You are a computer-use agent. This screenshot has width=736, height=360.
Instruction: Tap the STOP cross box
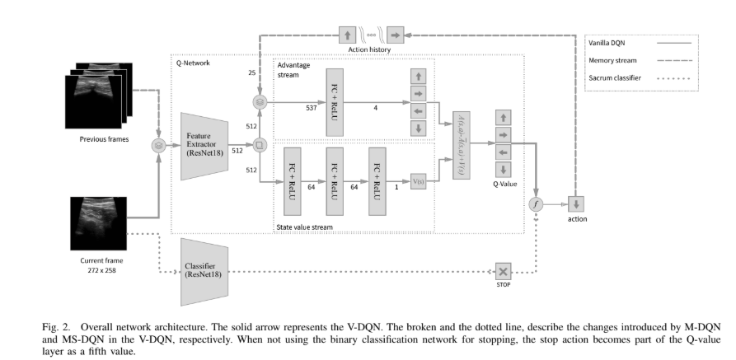click(x=502, y=272)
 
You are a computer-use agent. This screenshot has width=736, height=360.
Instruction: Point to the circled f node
click(x=536, y=202)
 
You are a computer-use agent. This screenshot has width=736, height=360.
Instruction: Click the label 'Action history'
click(x=370, y=49)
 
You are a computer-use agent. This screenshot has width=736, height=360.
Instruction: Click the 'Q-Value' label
click(x=504, y=184)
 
